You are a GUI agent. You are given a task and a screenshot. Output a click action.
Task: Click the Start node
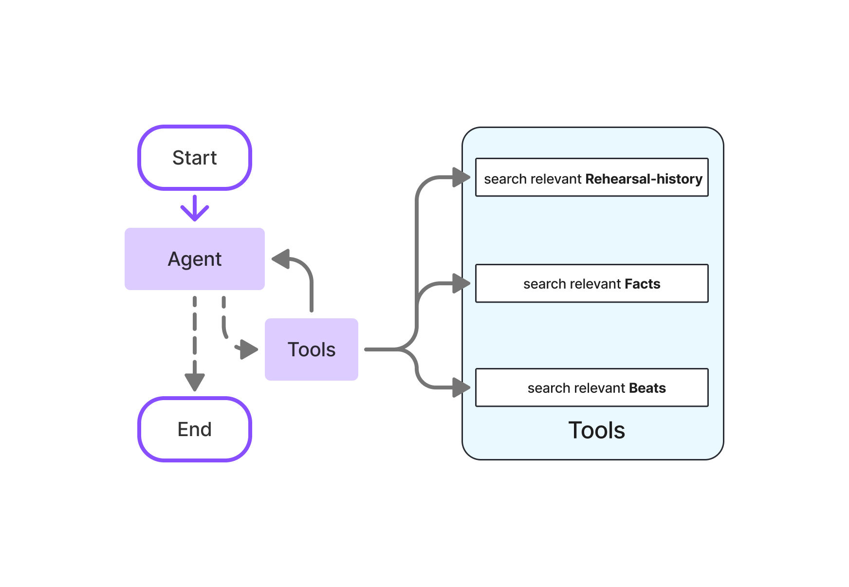tap(194, 158)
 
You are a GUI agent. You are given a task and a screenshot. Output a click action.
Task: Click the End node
tap(194, 429)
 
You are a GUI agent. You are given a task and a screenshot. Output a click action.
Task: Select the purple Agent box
tap(194, 259)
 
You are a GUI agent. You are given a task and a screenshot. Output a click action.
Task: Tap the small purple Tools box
tap(311, 349)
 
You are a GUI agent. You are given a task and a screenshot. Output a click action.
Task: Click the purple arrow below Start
tap(195, 208)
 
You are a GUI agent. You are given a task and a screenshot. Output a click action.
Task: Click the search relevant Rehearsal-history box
tap(591, 178)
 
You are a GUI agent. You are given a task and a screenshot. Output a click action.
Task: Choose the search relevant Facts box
tap(591, 284)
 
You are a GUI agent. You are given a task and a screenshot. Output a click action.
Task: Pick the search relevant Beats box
tap(591, 388)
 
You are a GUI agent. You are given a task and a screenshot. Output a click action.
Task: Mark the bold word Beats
tap(647, 388)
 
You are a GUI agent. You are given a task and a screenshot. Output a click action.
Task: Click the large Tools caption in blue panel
tap(596, 430)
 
